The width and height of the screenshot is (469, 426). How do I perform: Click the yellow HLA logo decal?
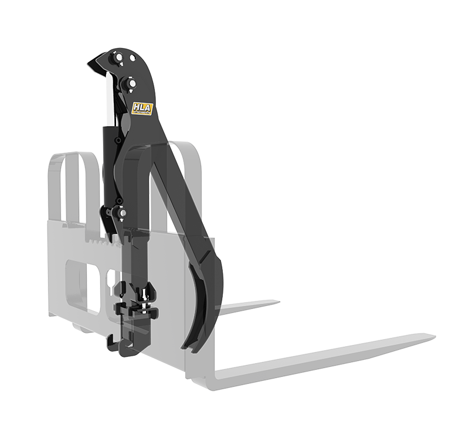click(141, 110)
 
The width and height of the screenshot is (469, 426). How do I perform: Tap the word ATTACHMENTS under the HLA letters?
click(141, 114)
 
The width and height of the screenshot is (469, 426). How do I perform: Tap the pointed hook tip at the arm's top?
click(90, 65)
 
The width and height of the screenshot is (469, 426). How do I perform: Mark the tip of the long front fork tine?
click(433, 336)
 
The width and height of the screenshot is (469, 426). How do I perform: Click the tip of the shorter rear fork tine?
click(277, 303)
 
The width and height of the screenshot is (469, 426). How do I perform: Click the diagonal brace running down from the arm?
click(176, 211)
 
